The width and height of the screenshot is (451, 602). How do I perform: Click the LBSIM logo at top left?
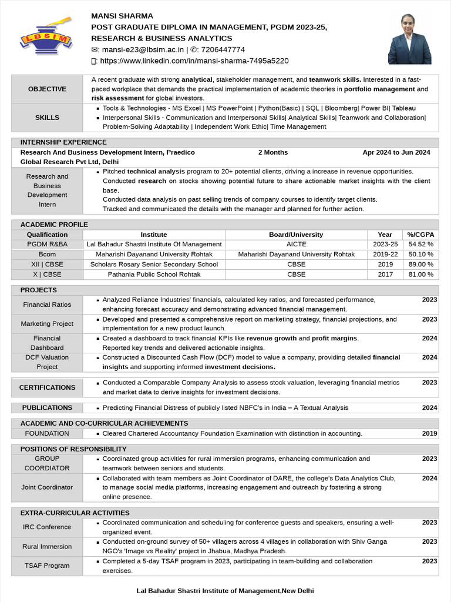tap(46, 38)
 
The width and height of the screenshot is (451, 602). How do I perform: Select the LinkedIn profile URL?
tap(194, 61)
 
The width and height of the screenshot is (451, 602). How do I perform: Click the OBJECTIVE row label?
tap(47, 89)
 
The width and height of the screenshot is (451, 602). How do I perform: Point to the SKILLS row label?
tap(47, 118)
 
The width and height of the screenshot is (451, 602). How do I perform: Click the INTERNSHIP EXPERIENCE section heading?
tap(63, 142)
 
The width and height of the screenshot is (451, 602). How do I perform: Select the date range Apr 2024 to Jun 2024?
tap(396, 152)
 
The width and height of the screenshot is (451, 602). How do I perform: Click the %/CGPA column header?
tap(420, 235)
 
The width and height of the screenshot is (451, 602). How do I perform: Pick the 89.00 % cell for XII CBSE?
tap(420, 265)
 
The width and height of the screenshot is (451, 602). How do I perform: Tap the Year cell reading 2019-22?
tap(385, 255)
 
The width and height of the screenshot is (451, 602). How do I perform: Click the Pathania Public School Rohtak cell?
tap(154, 275)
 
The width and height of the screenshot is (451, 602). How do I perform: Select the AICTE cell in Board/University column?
tap(296, 244)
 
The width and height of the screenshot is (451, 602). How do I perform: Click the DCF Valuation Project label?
tap(47, 362)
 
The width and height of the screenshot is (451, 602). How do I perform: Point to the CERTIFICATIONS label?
tap(47, 387)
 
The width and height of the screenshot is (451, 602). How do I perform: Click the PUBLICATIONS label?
tap(47, 407)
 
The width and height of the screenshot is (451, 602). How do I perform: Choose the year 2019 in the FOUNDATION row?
tap(429, 433)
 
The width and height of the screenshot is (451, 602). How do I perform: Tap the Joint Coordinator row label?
tap(47, 487)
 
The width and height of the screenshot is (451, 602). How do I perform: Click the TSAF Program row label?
tap(47, 566)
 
